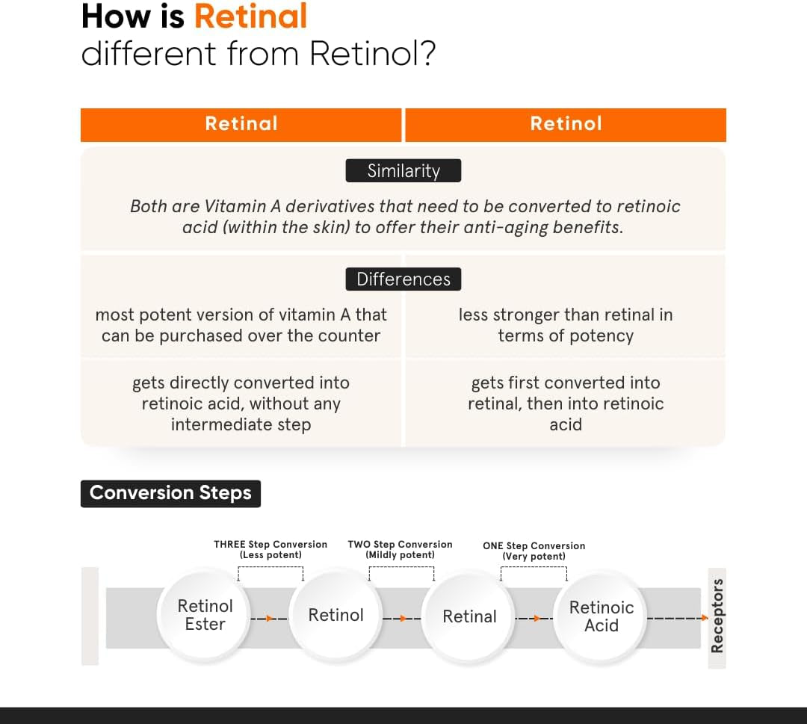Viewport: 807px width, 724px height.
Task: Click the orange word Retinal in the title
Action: (x=251, y=16)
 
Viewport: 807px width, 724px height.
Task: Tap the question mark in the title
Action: (x=427, y=54)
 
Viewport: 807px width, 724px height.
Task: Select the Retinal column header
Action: (x=241, y=124)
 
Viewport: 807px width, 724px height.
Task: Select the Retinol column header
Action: (x=566, y=124)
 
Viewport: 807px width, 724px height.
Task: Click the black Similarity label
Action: (x=403, y=171)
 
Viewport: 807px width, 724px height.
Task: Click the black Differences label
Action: (x=403, y=279)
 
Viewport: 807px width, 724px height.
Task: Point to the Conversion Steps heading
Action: (x=170, y=493)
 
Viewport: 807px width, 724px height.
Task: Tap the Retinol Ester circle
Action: (x=205, y=615)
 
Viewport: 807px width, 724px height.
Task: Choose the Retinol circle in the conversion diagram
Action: (x=336, y=616)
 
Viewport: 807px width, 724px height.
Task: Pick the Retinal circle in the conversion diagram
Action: (x=469, y=617)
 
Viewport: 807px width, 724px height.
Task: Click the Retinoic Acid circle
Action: (x=602, y=616)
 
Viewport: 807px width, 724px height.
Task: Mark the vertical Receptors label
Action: (x=717, y=616)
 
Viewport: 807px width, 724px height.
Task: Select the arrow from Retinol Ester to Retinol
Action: (x=268, y=619)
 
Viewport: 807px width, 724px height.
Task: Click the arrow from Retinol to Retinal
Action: (x=402, y=619)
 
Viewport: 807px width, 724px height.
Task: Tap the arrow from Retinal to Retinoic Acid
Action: (x=535, y=619)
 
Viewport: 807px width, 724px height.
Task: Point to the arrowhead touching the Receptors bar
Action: (x=702, y=618)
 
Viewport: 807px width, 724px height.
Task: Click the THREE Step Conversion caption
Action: (x=270, y=549)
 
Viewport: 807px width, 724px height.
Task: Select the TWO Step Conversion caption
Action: (x=400, y=549)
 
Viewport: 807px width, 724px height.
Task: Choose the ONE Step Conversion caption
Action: (x=534, y=551)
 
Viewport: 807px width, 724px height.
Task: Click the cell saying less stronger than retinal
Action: (x=566, y=325)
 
